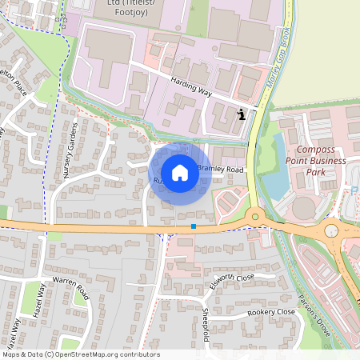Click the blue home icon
(x=180, y=173)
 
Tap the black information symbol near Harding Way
(x=242, y=115)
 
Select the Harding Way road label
(x=191, y=87)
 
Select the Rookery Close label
(x=271, y=312)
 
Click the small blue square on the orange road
(x=194, y=226)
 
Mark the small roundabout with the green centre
(x=255, y=215)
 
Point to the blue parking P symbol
(x=354, y=190)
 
